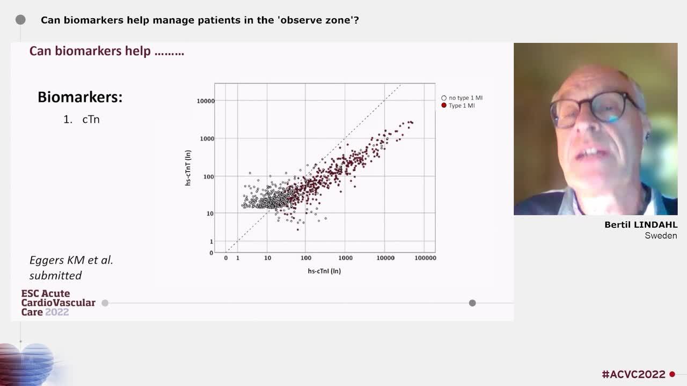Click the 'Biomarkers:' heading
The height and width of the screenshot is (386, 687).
pos(80,97)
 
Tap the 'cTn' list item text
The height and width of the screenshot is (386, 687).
pos(91,120)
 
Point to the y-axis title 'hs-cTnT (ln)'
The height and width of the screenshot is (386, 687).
pos(188,168)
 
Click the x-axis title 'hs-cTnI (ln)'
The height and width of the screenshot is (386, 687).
pos(324,271)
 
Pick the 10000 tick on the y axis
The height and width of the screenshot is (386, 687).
pos(206,101)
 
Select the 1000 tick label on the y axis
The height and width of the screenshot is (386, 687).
pos(207,139)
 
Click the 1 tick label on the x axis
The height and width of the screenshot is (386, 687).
pos(238,258)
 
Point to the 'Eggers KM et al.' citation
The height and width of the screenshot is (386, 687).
pos(71,261)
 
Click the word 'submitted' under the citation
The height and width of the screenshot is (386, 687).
pos(55,276)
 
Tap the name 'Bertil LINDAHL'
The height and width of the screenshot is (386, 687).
pos(640,225)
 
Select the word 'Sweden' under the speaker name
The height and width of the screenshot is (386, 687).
pos(661,236)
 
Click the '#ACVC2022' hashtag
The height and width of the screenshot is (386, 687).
pos(633,374)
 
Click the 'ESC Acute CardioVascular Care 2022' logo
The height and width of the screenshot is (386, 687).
pos(58,303)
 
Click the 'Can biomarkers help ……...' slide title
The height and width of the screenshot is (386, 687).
pos(106,51)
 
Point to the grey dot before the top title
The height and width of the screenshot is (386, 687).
pos(20,20)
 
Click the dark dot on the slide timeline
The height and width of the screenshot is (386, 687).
pos(472,303)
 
